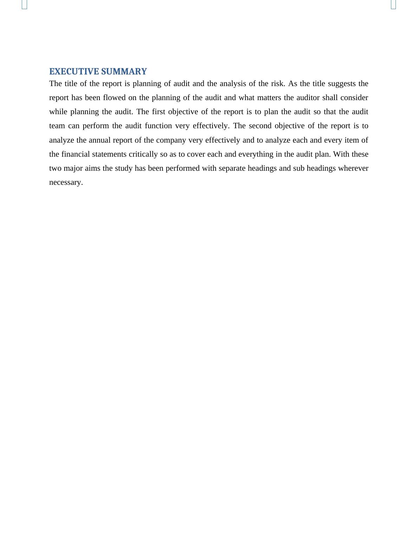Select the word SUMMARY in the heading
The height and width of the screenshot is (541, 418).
[124, 72]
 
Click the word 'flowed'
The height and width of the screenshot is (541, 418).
[114, 98]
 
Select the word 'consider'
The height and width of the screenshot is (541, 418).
[354, 98]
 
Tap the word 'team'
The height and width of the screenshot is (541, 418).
[57, 126]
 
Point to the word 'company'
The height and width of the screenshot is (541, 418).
[171, 140]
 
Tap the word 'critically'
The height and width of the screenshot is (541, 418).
[143, 154]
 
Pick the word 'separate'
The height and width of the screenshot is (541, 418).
[232, 168]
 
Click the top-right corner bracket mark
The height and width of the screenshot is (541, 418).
[393, 5]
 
